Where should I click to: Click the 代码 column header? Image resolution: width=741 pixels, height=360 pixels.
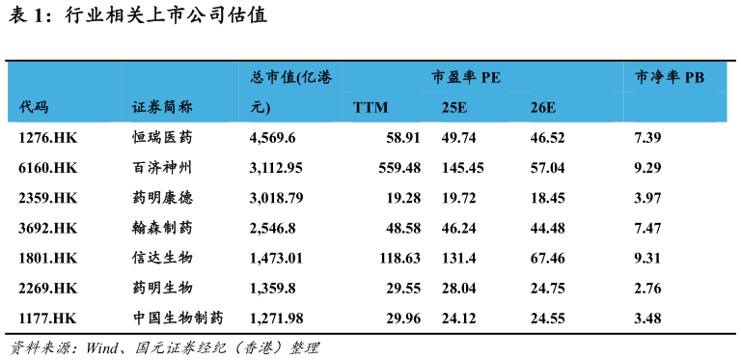[34, 107]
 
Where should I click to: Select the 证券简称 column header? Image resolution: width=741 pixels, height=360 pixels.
[162, 107]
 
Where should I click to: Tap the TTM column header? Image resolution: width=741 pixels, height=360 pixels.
[370, 107]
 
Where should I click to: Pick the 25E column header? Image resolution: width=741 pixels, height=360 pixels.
[454, 107]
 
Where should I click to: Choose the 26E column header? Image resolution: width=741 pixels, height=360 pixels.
[543, 107]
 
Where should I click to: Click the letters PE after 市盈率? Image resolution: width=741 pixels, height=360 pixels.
[491, 77]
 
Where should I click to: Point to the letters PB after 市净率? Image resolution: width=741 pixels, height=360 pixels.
[695, 77]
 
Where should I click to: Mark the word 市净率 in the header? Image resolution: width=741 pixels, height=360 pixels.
[657, 77]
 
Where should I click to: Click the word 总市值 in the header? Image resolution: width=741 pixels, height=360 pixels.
[273, 77]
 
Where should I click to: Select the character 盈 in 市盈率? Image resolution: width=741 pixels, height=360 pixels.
[453, 77]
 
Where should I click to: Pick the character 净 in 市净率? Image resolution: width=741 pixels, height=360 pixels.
[657, 77]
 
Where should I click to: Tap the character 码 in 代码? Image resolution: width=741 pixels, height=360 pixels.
[41, 107]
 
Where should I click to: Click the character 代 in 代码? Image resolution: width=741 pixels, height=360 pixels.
[26, 107]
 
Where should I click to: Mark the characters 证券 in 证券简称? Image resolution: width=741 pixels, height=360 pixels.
[147, 107]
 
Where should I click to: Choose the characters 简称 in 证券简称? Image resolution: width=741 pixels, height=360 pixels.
[178, 107]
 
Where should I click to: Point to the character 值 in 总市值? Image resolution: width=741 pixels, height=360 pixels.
[288, 77]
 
